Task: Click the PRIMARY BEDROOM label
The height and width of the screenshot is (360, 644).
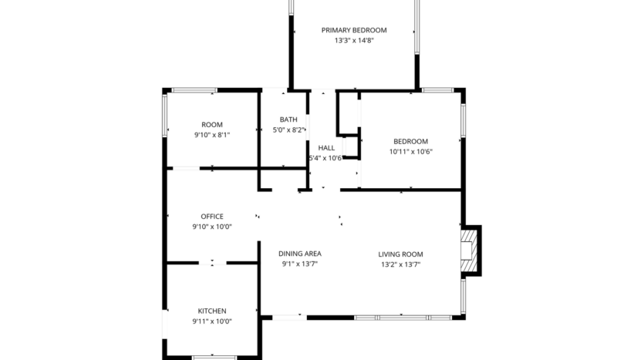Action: coord(354,30)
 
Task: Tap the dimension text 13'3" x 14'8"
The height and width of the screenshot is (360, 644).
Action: coord(354,42)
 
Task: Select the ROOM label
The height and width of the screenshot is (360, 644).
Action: coord(212,124)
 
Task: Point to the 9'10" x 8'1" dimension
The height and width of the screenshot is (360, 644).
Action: coord(212,135)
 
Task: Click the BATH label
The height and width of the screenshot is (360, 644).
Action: coord(288,119)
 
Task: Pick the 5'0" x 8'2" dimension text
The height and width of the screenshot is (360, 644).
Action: coord(288,130)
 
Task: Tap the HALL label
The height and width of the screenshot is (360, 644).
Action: coord(326,147)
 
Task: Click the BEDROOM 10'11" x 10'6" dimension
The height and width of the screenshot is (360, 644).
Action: coord(410,152)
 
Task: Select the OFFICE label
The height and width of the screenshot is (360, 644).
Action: coord(212,217)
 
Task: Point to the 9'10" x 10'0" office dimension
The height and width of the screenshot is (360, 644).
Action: coord(212,227)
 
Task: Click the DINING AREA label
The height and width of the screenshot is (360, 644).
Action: coord(300,254)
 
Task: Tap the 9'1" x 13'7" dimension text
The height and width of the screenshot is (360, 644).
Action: coord(300,264)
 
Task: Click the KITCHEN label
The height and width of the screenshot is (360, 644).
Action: coord(212,311)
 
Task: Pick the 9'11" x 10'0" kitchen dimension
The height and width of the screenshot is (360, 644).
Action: coord(212,321)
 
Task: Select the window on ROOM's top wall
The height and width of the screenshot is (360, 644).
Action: coord(194,90)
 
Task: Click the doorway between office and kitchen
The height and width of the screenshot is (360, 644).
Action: coord(213,264)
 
